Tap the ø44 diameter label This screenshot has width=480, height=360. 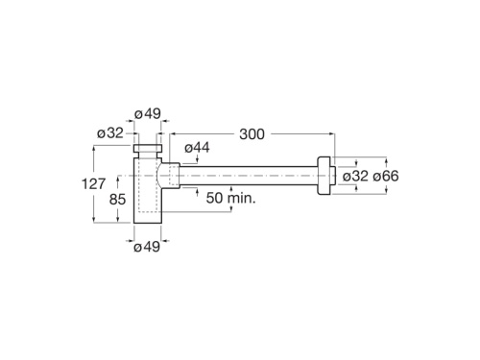point(196,147)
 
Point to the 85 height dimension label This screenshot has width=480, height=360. point(117,200)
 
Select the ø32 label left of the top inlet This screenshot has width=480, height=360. point(110,133)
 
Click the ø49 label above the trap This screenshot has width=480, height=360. point(147,114)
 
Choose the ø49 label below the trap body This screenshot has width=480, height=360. point(146,247)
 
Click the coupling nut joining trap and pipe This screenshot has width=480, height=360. point(170,176)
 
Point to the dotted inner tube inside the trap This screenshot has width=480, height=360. point(147,187)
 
